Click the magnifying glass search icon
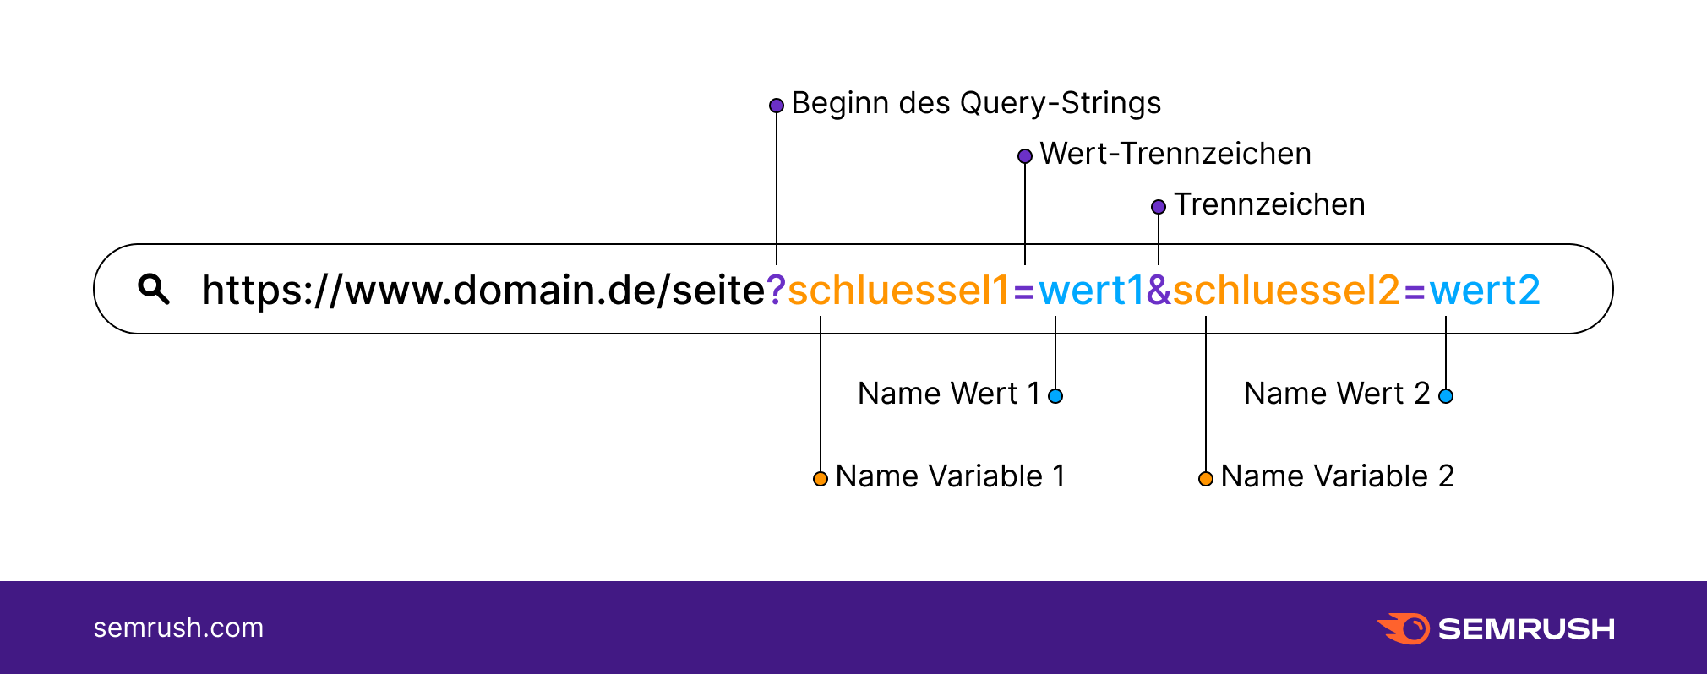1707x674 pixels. pyautogui.click(x=154, y=289)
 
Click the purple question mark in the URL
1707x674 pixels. pyautogui.click(x=776, y=291)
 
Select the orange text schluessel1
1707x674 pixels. pyautogui.click(x=898, y=291)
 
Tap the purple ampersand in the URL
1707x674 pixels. pyautogui.click(x=1159, y=291)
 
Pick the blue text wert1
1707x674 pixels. pyautogui.click(x=1090, y=291)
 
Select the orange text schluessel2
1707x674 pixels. pyautogui.click(x=1285, y=291)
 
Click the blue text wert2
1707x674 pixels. pyautogui.click(x=1485, y=291)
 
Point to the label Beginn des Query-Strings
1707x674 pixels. pyautogui.click(x=976, y=103)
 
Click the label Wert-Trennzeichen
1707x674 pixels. pyautogui.click(x=1175, y=154)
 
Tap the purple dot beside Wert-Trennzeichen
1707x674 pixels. pyautogui.click(x=1025, y=156)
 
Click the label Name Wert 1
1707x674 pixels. pyautogui.click(x=948, y=394)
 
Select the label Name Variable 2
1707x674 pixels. pyautogui.click(x=1337, y=476)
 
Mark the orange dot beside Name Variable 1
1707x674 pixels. pyautogui.click(x=821, y=479)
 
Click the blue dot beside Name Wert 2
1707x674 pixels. pyautogui.click(x=1446, y=396)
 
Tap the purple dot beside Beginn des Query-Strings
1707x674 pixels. pyautogui.click(x=777, y=106)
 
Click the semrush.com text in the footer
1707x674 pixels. pyautogui.click(x=178, y=628)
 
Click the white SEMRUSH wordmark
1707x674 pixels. pyautogui.click(x=1526, y=629)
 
